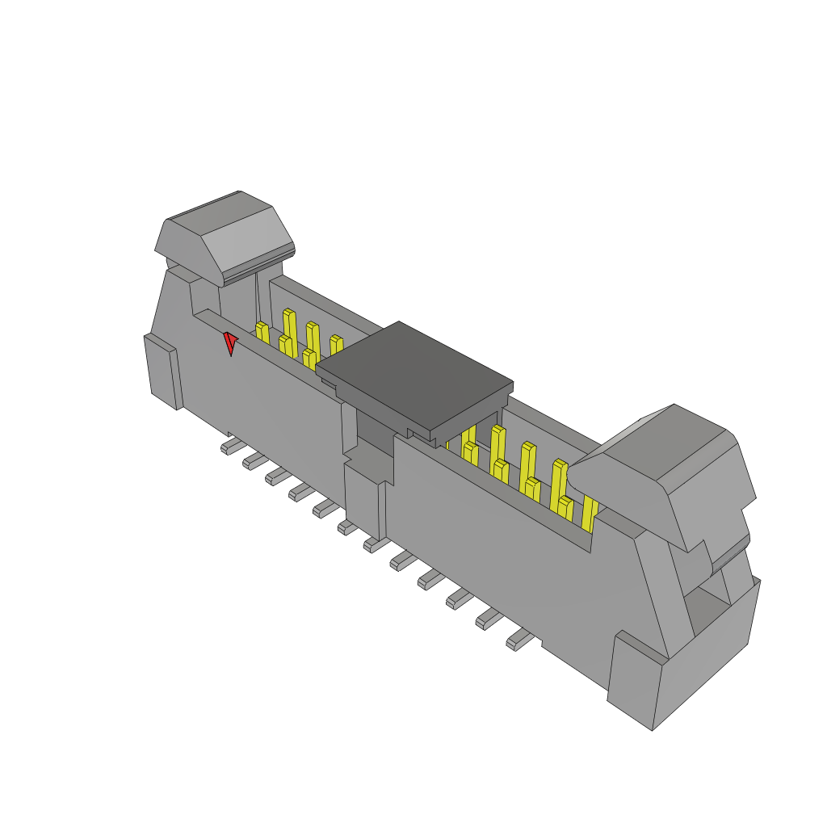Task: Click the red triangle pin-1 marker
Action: pos(230,342)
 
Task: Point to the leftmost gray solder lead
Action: pos(229,447)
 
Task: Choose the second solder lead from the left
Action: pos(252,461)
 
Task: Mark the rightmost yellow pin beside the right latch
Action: pos(590,513)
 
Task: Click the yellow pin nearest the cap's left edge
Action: pos(336,344)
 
